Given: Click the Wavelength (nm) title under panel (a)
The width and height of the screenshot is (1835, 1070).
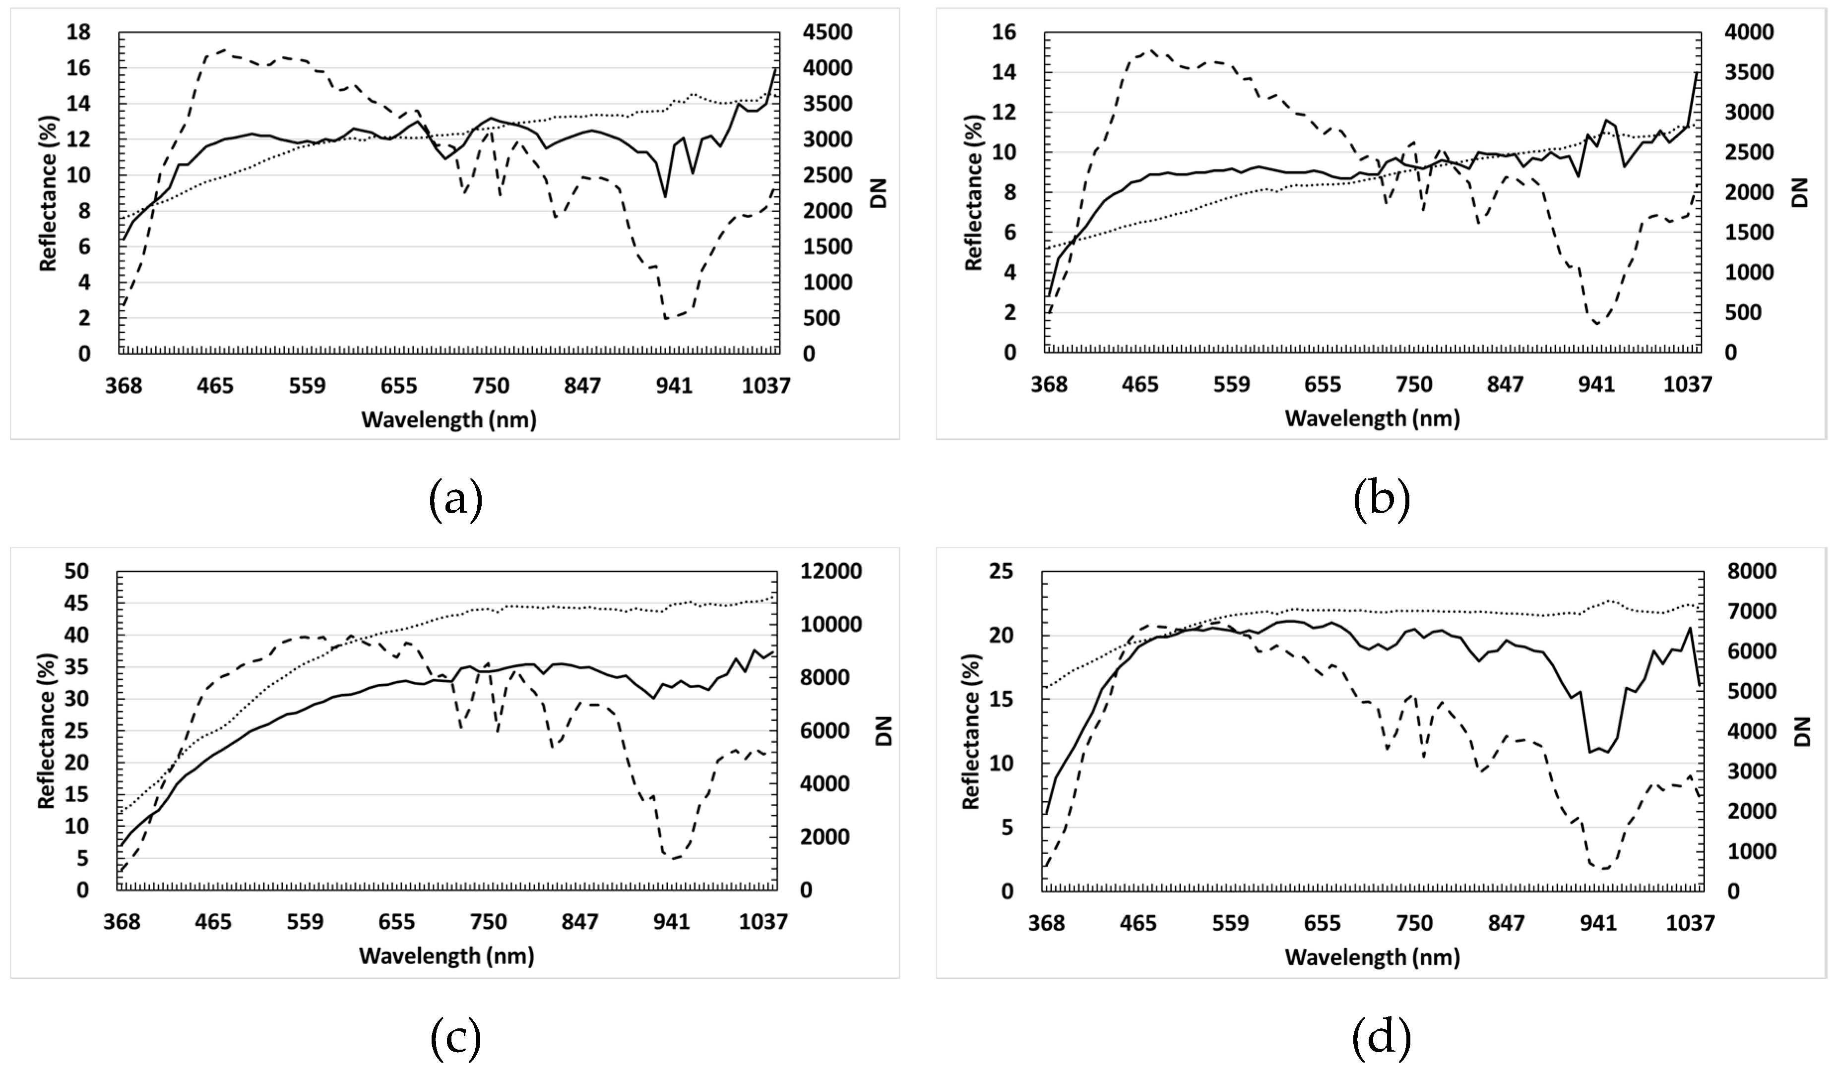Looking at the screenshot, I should (448, 420).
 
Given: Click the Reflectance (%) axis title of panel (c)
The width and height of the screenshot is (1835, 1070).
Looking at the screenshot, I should (47, 729).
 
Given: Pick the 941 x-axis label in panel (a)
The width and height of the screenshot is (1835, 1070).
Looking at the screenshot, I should (674, 385).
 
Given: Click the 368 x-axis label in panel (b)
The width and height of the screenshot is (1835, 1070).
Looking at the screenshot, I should (1049, 385).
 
